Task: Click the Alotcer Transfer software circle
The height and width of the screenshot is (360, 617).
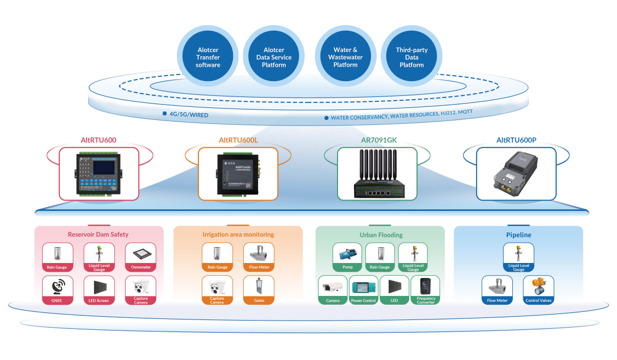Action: (208, 57)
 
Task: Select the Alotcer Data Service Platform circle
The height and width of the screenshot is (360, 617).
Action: (274, 57)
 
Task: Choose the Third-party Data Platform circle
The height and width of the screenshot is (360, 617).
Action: (412, 57)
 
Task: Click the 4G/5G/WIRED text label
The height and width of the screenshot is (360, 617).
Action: (188, 115)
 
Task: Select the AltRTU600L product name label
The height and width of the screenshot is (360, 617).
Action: (238, 140)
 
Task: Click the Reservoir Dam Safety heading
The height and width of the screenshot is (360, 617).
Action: (98, 235)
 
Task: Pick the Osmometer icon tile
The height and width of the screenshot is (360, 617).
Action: (141, 258)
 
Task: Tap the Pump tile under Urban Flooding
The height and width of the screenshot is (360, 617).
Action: (347, 258)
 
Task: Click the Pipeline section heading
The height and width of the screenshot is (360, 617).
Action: (518, 235)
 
